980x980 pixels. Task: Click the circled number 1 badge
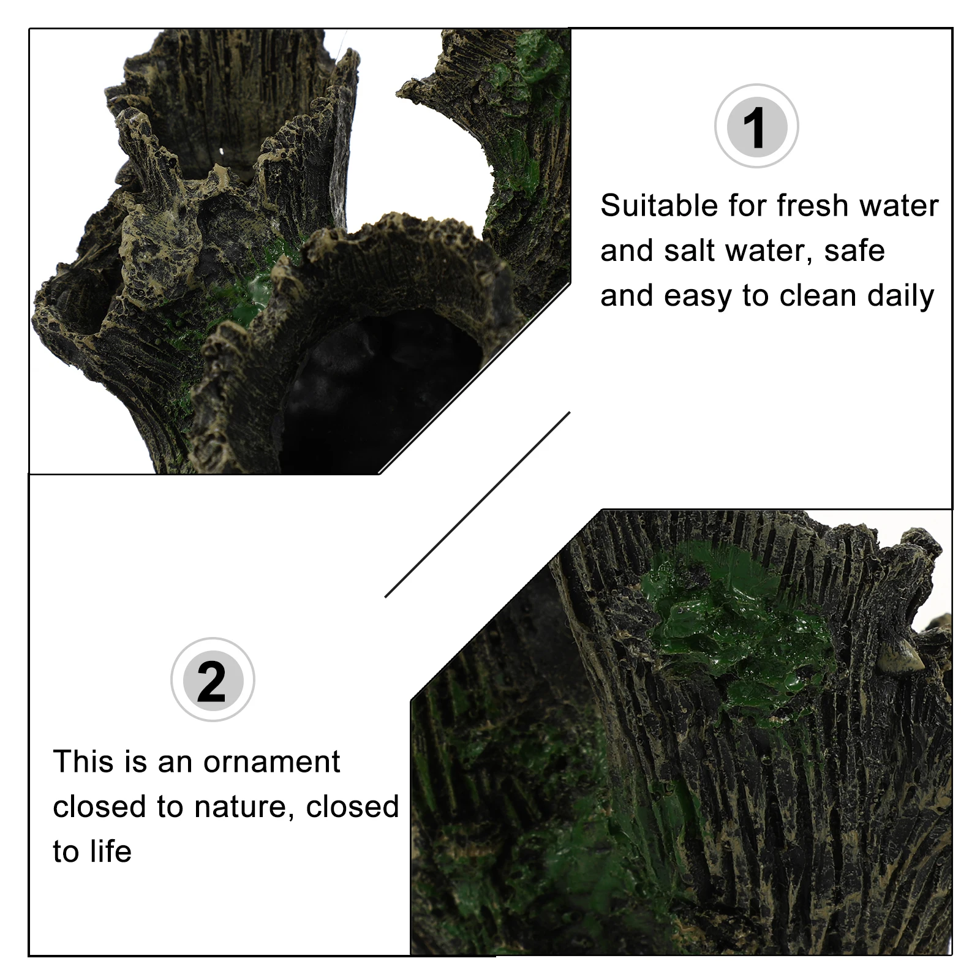(x=756, y=127)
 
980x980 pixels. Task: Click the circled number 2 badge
(x=212, y=680)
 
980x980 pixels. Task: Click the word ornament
(x=271, y=762)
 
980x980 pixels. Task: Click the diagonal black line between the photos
(x=478, y=503)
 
